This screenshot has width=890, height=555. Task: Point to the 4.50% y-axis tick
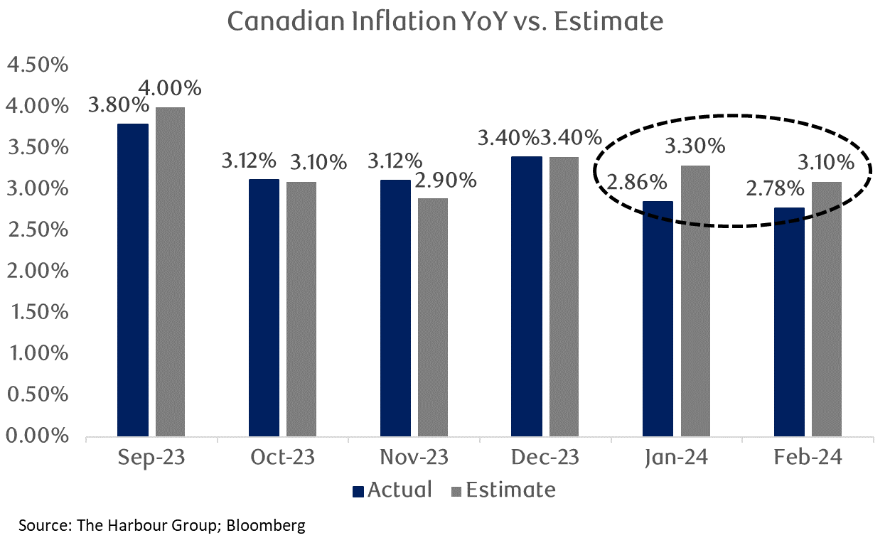(37, 65)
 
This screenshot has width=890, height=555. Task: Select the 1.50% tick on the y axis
(37, 313)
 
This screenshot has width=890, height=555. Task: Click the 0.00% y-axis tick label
(37, 436)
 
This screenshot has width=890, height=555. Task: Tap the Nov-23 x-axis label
(414, 457)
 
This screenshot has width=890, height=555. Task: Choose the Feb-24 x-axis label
(808, 457)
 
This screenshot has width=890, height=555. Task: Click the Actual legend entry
(392, 490)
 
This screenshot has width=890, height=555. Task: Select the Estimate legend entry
(503, 490)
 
